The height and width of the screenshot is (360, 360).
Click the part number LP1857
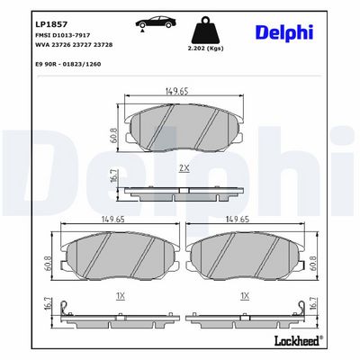48,24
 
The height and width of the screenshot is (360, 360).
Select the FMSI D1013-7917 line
63,35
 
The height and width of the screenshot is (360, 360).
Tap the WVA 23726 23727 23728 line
74,45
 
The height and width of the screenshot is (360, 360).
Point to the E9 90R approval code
68,64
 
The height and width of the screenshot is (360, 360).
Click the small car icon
155,22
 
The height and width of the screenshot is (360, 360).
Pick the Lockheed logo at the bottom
299,340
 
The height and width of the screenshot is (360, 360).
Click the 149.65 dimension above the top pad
177,91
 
